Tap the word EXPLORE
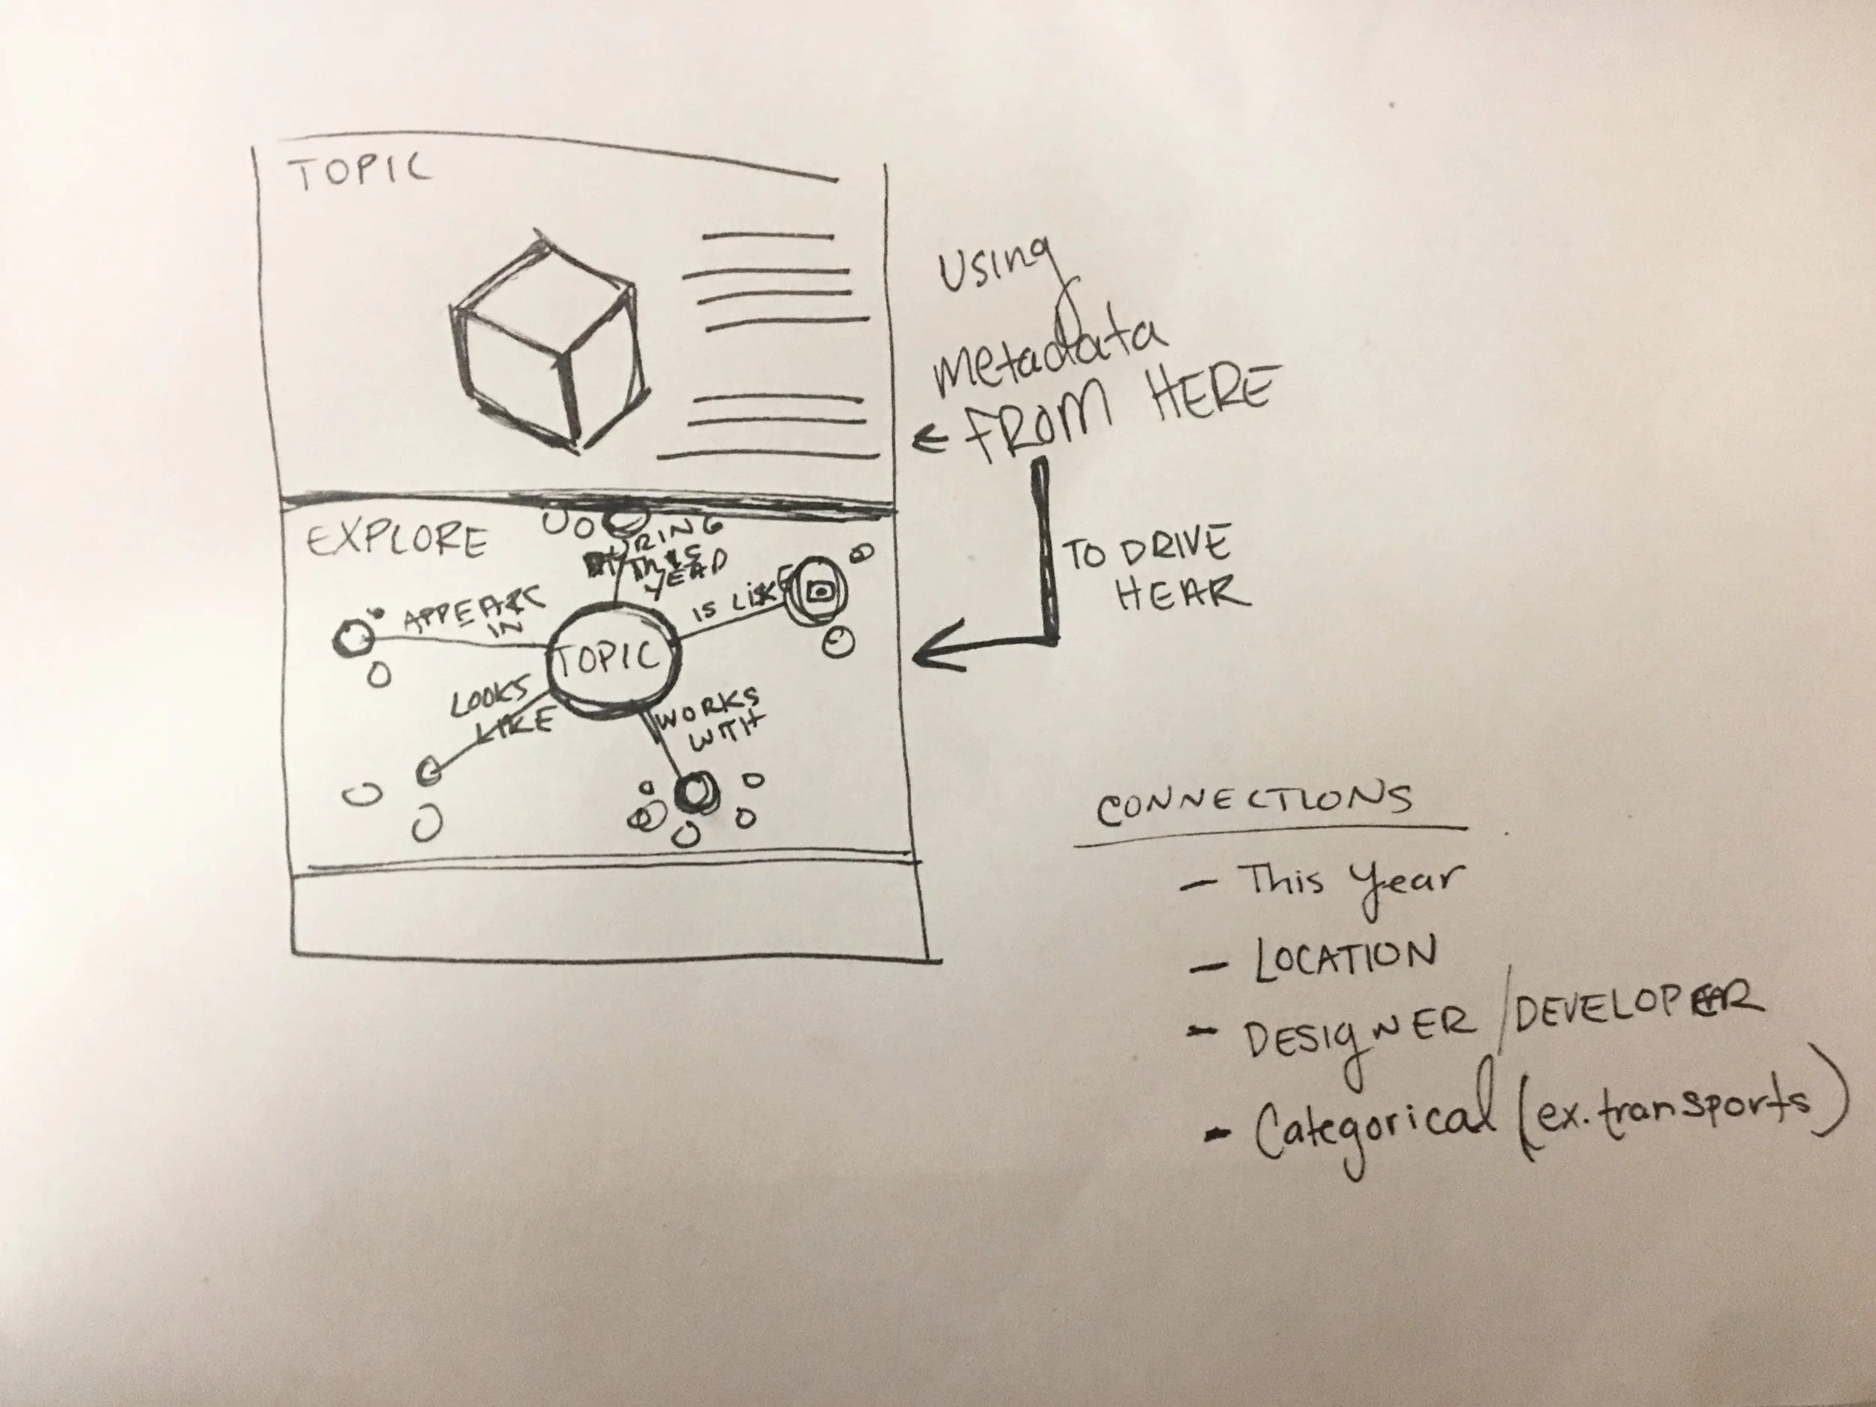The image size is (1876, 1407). point(397,540)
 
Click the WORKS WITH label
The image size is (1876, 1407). point(710,717)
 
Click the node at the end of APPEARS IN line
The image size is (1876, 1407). point(353,637)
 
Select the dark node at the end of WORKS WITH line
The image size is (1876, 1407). point(696,793)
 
